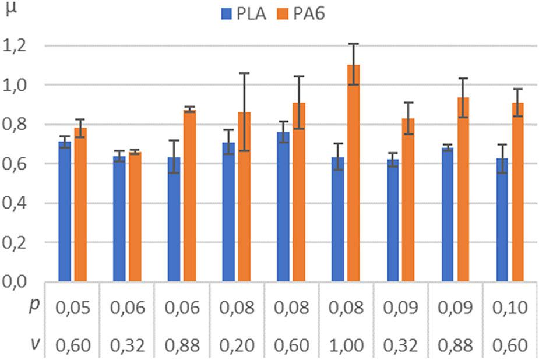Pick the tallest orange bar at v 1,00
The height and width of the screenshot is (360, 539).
[x=353, y=175]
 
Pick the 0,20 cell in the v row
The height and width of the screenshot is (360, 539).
[x=237, y=345]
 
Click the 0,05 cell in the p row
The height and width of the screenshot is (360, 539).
[x=73, y=307]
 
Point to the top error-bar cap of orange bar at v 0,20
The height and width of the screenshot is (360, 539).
[x=244, y=73]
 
